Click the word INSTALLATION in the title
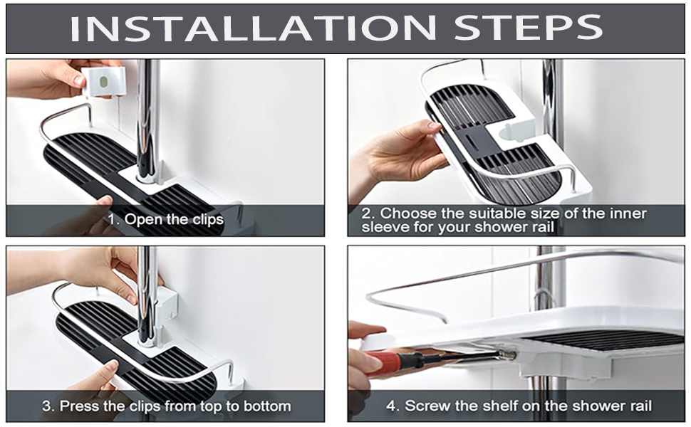click(x=253, y=28)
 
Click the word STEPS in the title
click(x=528, y=28)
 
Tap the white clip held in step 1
click(x=103, y=82)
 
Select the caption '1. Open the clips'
click(x=166, y=218)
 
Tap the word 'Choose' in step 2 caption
click(x=408, y=213)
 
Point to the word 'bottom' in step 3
click(x=267, y=406)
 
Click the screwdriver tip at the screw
click(x=511, y=354)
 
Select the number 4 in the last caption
click(x=390, y=406)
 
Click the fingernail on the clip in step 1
click(x=78, y=80)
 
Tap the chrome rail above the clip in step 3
click(x=147, y=268)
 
